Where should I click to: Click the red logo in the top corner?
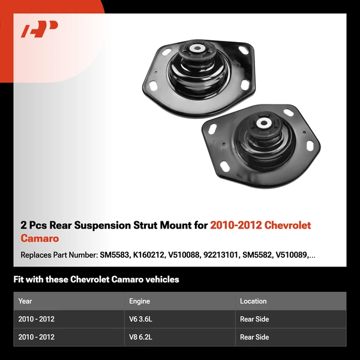[40, 29]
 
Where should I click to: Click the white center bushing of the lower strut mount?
[263, 124]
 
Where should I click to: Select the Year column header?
[25, 301]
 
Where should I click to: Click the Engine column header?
[139, 301]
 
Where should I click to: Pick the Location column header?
[253, 301]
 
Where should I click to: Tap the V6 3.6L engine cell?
[140, 319]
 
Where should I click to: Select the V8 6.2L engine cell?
[140, 337]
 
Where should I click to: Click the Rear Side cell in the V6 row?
[254, 319]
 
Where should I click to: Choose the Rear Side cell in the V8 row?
[254, 337]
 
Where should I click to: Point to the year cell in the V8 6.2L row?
[37, 337]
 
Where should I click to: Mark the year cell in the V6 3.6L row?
[37, 319]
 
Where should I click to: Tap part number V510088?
[182, 255]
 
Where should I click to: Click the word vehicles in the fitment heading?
[161, 280]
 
